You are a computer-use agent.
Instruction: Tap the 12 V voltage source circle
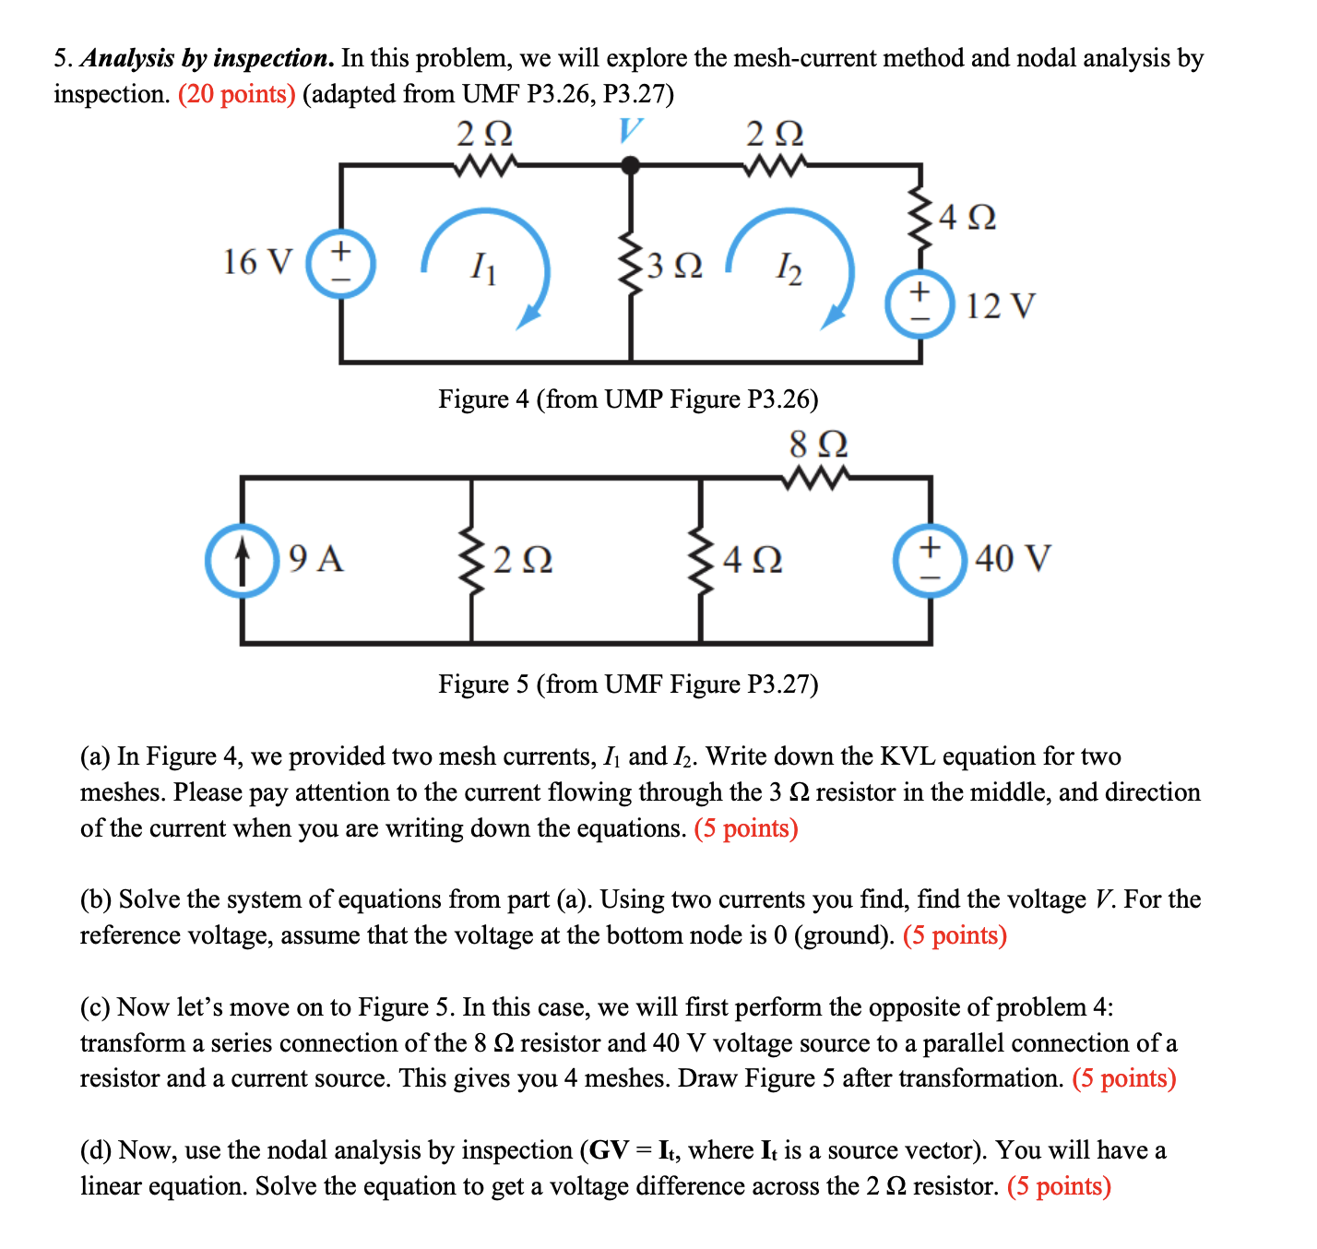pos(920,303)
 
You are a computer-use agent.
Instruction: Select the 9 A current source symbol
pos(242,560)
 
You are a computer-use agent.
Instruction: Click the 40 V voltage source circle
pos(930,559)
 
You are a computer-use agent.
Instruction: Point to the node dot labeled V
pos(631,166)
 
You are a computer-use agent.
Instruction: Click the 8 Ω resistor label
pos(818,445)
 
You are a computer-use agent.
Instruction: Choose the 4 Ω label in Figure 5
pos(753,560)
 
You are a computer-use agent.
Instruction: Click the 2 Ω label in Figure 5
pos(523,560)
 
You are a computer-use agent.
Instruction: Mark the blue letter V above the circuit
pos(630,131)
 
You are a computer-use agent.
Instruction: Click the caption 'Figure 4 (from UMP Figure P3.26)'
pos(628,398)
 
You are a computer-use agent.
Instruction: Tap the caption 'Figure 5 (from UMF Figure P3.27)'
pos(628,684)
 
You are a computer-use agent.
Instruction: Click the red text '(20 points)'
pos(237,94)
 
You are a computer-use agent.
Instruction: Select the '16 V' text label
pos(257,262)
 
